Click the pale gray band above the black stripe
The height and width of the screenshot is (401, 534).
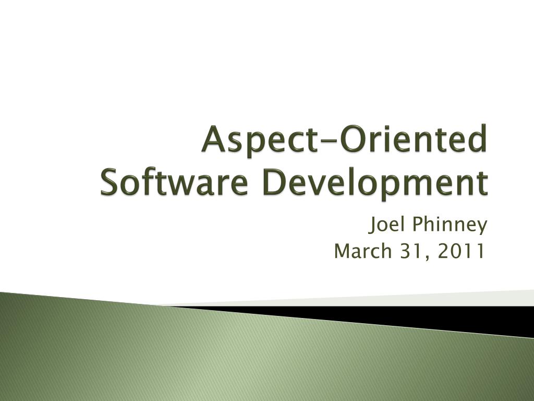coord(443,298)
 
